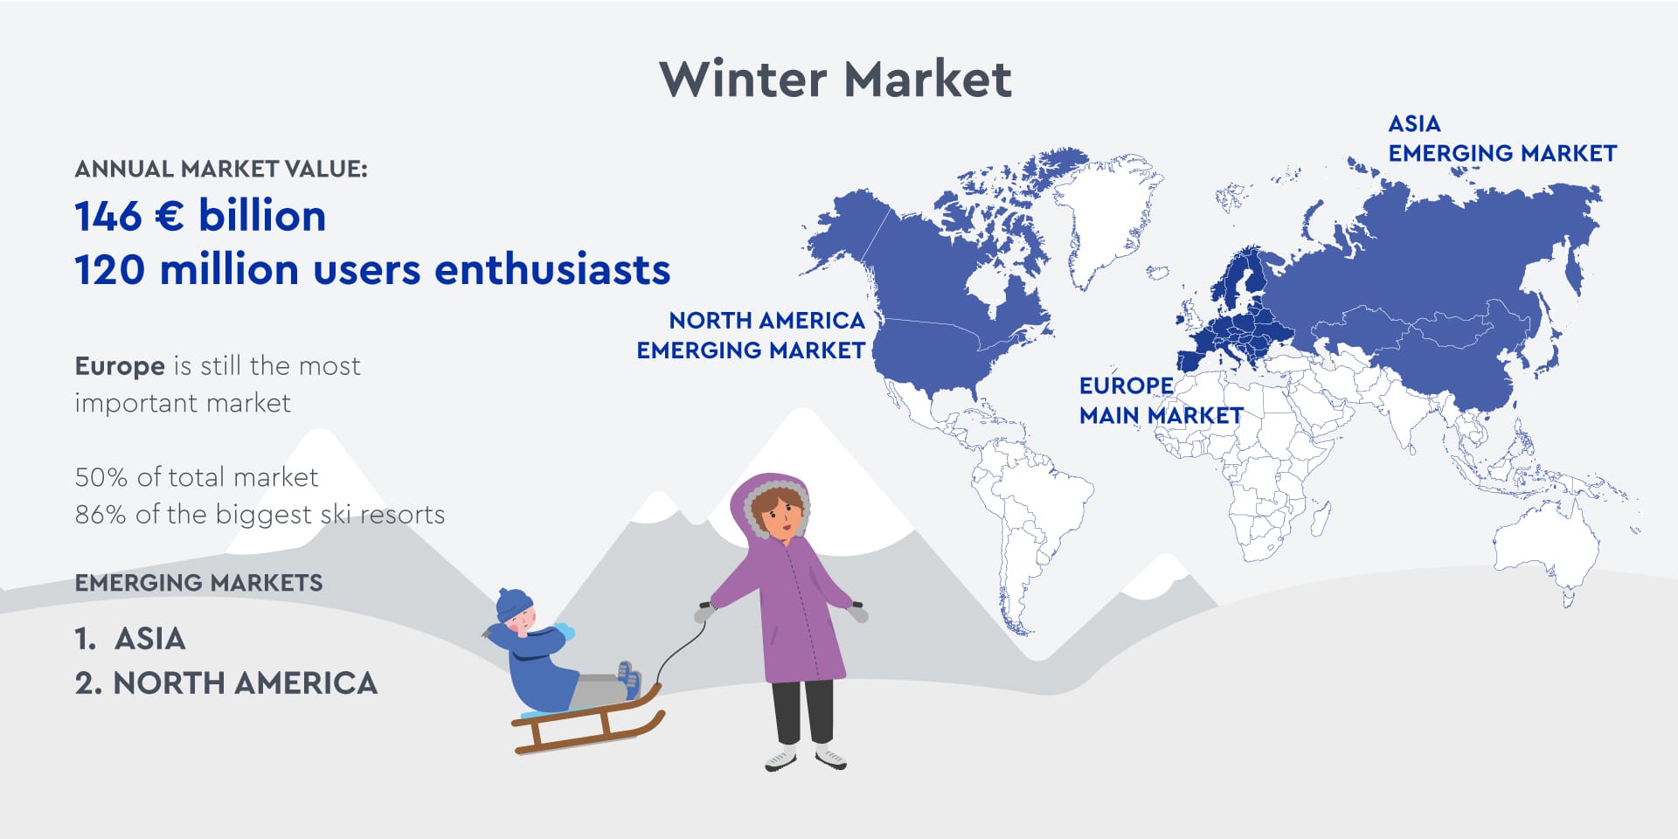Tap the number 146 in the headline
tap(107, 216)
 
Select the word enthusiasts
tap(552, 269)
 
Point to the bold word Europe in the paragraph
tap(120, 366)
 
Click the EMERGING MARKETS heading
tap(198, 583)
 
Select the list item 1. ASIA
tap(130, 639)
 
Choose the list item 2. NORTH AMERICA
tap(226, 683)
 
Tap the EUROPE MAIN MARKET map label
tap(1161, 400)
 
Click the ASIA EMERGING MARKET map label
tap(1502, 138)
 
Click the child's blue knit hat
tap(514, 603)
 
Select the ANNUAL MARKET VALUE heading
tap(221, 169)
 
